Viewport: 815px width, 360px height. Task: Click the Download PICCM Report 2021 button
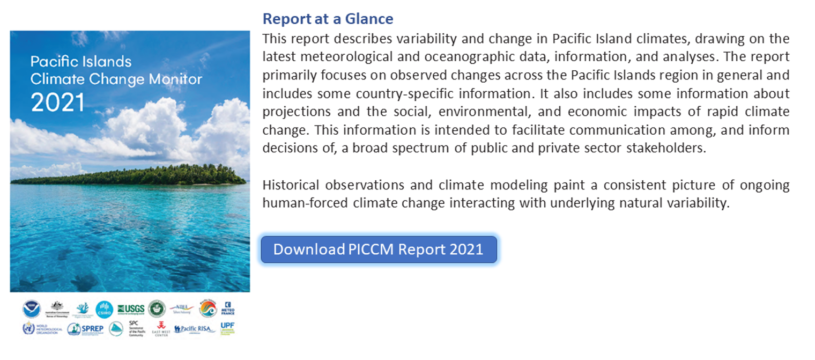tap(379, 249)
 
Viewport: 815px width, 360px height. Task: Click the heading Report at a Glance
tap(328, 19)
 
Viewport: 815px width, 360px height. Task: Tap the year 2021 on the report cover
tap(57, 102)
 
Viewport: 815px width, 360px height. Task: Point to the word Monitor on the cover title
tap(175, 79)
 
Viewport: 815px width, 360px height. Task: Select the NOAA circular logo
tap(31, 309)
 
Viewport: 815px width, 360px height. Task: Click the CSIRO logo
tap(104, 309)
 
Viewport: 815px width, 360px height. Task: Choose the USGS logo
tap(131, 309)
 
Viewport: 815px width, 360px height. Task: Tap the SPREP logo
tap(85, 329)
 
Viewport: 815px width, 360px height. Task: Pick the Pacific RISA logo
tap(194, 329)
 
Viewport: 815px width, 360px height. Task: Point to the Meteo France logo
tap(228, 308)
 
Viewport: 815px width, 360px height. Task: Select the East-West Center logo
tap(161, 329)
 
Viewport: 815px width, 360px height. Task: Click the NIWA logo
tap(181, 308)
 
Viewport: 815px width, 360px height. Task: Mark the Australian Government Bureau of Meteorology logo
tap(56, 309)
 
